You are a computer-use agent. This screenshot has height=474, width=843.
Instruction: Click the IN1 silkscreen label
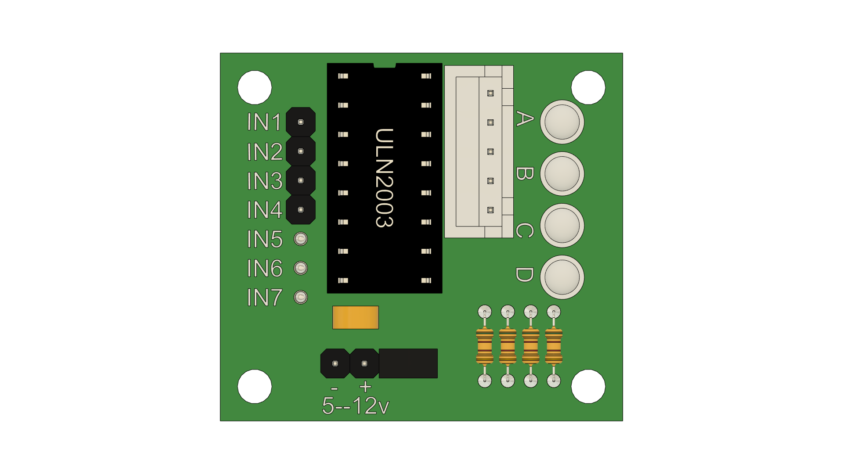(264, 122)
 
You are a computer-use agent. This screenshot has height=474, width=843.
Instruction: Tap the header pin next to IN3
(301, 180)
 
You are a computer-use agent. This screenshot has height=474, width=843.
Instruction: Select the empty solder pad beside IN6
(301, 268)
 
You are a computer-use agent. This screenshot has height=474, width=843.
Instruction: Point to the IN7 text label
(264, 298)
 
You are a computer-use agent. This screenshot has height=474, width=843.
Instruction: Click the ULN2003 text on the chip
(384, 178)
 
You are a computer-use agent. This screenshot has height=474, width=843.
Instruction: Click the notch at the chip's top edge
(385, 65)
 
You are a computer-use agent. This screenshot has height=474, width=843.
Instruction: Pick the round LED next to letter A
(562, 122)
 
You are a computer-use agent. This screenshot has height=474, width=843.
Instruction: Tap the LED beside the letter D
(562, 277)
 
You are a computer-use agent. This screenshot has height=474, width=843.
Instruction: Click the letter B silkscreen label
(524, 174)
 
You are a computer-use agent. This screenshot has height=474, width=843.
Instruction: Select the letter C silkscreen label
(524, 230)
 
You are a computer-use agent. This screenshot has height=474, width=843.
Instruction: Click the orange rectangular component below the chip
(356, 317)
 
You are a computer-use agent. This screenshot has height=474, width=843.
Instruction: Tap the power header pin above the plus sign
(364, 363)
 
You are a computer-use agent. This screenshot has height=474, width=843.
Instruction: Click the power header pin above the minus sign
(335, 363)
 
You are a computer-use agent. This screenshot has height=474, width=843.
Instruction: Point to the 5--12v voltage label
(355, 406)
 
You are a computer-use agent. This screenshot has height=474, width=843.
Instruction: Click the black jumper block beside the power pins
(408, 363)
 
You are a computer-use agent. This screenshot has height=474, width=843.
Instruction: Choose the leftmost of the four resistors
(485, 347)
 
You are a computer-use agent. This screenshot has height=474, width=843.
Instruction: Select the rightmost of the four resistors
(554, 347)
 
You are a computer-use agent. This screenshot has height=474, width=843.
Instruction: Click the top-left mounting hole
(255, 87)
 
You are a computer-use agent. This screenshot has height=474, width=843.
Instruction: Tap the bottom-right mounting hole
(588, 386)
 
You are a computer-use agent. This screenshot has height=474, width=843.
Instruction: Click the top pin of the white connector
(490, 93)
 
